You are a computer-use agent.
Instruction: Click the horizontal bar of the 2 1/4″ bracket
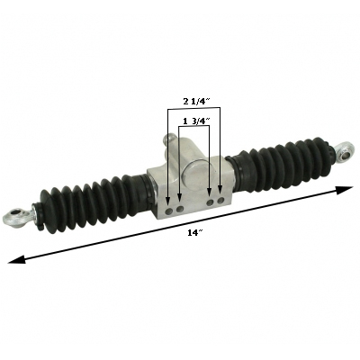click(193, 111)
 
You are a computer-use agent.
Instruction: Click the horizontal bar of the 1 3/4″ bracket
click(193, 127)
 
